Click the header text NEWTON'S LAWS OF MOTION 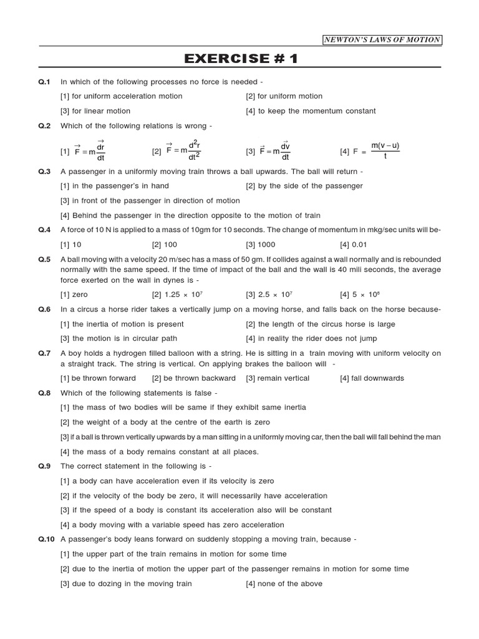[x=382, y=40]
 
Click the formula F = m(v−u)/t [x=370, y=151]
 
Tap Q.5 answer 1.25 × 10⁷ [x=176, y=295]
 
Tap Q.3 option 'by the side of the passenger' [x=304, y=186]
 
